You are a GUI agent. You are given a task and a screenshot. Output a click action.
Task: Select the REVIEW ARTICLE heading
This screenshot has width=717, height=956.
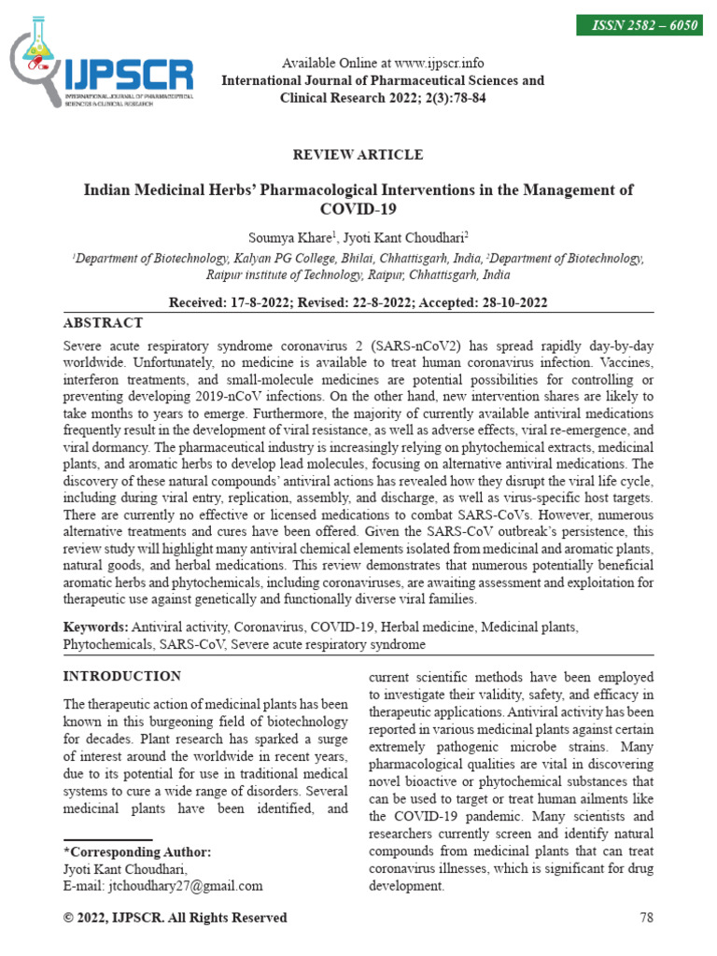(358, 155)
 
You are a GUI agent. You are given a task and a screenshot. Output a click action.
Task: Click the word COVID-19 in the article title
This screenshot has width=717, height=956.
(358, 209)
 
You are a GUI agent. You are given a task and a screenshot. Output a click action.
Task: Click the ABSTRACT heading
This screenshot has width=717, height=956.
(103, 323)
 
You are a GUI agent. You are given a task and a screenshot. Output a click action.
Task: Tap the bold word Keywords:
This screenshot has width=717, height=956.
(95, 626)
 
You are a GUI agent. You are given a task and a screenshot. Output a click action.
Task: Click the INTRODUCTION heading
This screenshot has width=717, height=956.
(122, 676)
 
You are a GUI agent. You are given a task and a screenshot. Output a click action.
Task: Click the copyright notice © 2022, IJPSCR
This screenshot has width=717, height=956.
(175, 918)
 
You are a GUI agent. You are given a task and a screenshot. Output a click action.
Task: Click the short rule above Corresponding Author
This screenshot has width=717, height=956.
(107, 839)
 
